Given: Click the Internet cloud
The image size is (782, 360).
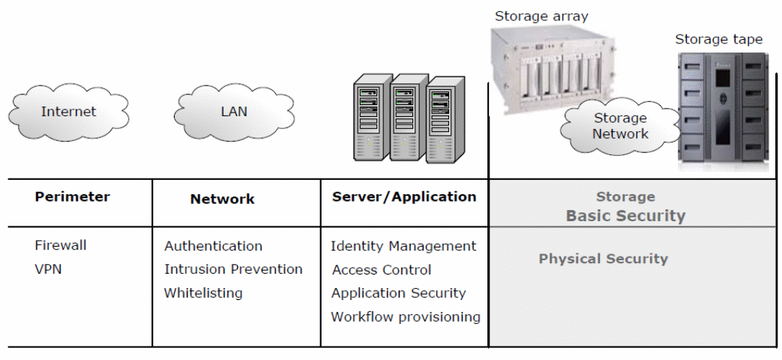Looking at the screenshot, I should [x=68, y=112].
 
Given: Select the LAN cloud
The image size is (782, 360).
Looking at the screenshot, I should [x=234, y=112].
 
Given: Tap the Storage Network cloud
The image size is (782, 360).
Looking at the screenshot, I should [x=619, y=126].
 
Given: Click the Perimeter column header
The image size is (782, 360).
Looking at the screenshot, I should [x=72, y=197].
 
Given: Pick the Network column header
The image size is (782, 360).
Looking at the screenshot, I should [x=222, y=199].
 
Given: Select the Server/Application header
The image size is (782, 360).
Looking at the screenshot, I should [x=403, y=197].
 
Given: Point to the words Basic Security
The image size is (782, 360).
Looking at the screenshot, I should [x=625, y=216].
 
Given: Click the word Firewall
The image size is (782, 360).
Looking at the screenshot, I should [x=61, y=245].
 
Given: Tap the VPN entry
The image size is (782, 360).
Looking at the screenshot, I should [x=49, y=268].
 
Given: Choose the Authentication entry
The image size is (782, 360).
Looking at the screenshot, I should [x=213, y=246].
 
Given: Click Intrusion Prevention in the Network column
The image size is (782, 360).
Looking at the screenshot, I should [x=233, y=269].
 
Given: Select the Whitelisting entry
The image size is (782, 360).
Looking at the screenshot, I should [x=203, y=293].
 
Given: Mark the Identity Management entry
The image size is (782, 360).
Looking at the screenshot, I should [x=403, y=246].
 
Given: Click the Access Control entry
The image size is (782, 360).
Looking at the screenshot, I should [x=382, y=270].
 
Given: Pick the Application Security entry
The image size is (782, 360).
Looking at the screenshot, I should [x=398, y=293].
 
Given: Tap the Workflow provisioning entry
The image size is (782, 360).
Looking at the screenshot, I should [x=406, y=317].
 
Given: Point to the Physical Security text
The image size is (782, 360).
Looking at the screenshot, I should [x=603, y=259].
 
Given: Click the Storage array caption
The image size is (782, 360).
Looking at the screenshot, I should [x=541, y=16].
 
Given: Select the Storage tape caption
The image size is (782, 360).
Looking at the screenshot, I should [x=718, y=39].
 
